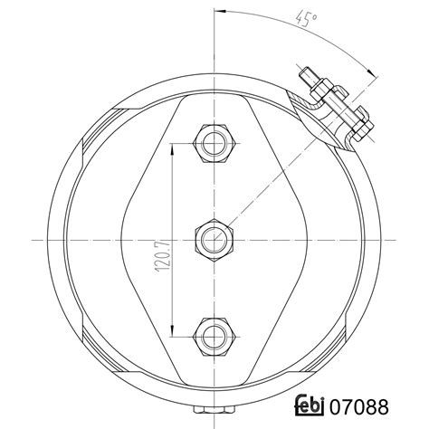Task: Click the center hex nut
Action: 214,238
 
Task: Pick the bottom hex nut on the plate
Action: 214,335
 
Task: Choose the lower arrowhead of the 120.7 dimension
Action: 171,331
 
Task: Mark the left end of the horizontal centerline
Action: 33,238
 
